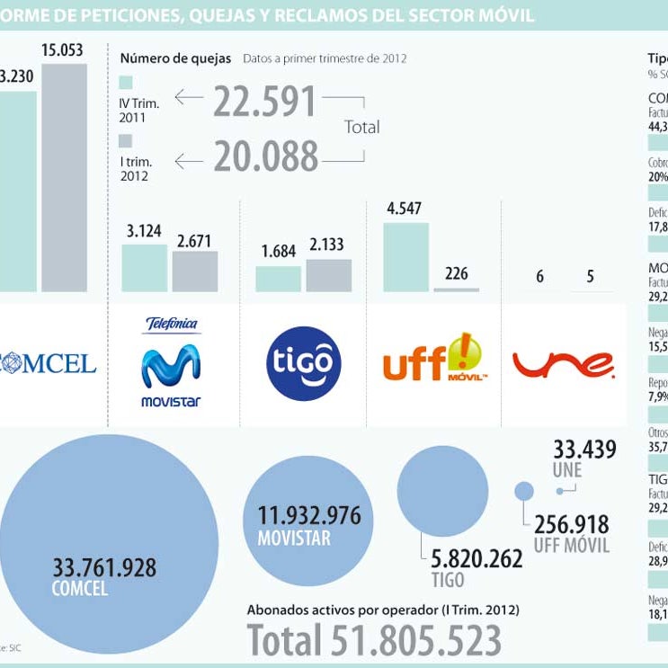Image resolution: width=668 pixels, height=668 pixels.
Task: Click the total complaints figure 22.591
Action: tap(265, 102)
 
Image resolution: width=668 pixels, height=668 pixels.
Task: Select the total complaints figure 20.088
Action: tap(265, 156)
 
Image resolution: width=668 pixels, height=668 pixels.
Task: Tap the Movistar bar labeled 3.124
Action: tap(144, 268)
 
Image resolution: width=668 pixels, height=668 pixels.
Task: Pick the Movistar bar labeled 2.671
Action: tap(195, 271)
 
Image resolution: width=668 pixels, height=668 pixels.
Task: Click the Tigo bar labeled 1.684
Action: tap(278, 279)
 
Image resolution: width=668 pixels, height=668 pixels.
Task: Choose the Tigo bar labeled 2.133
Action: tap(329, 275)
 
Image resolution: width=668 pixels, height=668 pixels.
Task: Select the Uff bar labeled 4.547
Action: tap(406, 257)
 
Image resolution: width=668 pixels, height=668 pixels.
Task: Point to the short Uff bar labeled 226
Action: tap(457, 289)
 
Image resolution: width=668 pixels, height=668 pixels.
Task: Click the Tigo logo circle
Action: tap(304, 363)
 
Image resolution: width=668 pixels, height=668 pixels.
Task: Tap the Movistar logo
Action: tap(171, 363)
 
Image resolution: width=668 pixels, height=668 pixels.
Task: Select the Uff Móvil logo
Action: tap(433, 360)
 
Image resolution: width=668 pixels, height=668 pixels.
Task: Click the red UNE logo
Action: tap(564, 363)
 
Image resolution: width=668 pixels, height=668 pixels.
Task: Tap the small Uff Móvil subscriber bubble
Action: tap(524, 491)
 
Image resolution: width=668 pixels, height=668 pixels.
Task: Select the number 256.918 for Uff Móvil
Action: tap(571, 523)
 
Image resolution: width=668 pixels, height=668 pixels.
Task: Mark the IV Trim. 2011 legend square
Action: tap(126, 83)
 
